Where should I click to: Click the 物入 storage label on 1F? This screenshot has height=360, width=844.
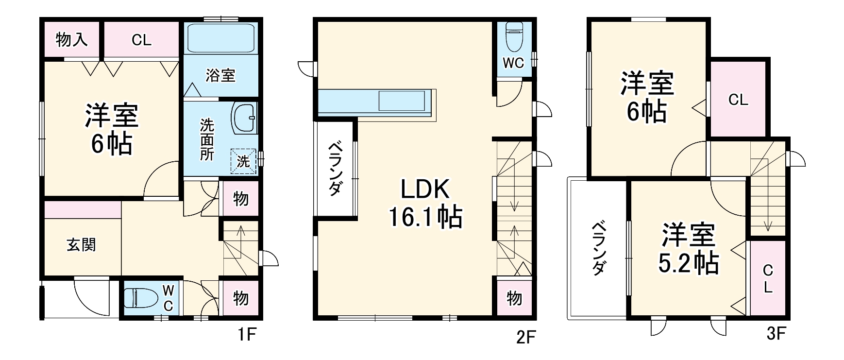(x=72, y=40)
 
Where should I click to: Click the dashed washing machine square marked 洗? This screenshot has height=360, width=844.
(x=243, y=160)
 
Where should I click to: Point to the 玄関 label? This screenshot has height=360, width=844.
(x=81, y=245)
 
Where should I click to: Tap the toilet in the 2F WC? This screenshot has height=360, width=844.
(x=514, y=36)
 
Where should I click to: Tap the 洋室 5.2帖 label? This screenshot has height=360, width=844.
(x=688, y=249)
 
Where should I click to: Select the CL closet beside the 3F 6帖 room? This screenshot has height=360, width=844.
(x=738, y=100)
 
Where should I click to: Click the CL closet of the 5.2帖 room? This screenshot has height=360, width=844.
(x=768, y=278)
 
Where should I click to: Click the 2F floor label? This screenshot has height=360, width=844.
(x=525, y=337)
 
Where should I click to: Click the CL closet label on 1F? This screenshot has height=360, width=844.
(x=141, y=40)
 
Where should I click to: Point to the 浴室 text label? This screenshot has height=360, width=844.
(x=220, y=75)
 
